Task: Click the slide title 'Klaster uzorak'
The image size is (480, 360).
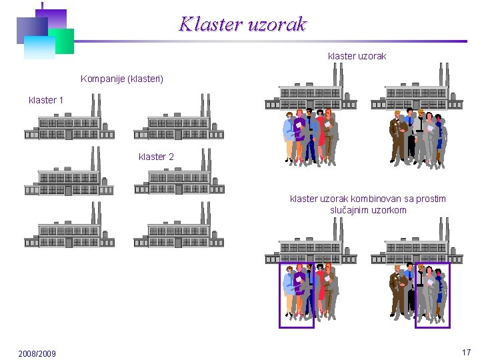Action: click(x=243, y=25)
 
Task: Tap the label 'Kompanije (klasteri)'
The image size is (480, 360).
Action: click(x=121, y=79)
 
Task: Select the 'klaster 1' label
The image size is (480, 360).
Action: click(x=46, y=100)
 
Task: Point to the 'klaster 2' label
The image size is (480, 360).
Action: click(x=156, y=157)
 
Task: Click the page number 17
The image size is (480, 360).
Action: click(x=466, y=351)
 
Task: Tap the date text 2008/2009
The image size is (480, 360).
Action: click(x=37, y=353)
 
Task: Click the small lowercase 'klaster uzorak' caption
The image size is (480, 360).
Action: click(x=357, y=56)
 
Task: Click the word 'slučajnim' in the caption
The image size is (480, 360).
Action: click(x=352, y=210)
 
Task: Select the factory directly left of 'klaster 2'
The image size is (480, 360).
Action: click(x=69, y=175)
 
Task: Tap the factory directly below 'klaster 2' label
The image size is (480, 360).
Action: click(x=179, y=175)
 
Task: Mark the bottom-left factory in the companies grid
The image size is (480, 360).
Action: click(x=69, y=229)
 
